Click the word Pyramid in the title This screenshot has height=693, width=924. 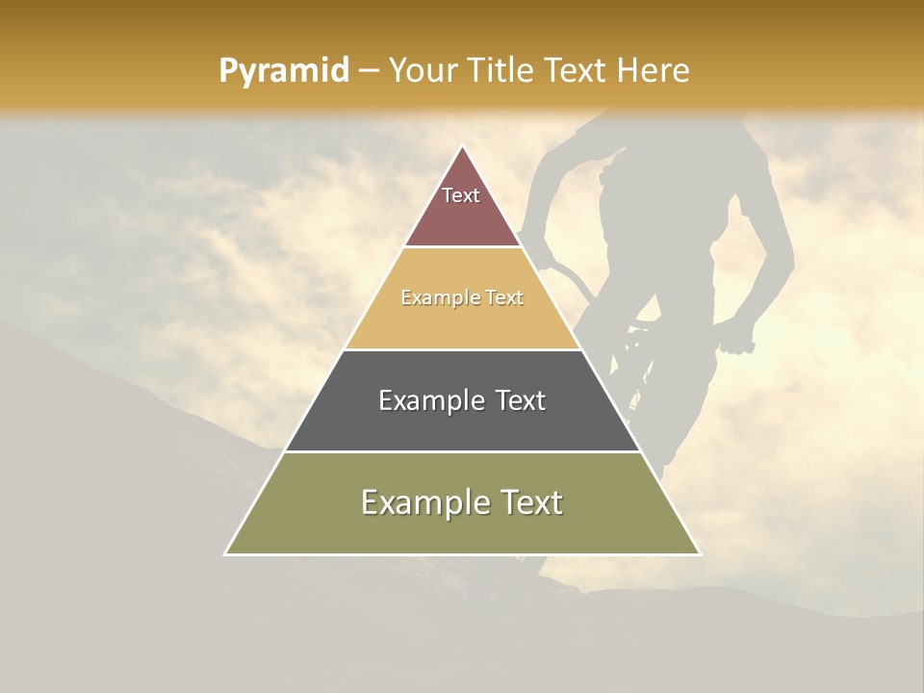pyautogui.click(x=284, y=71)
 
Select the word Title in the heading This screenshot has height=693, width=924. pyautogui.click(x=504, y=71)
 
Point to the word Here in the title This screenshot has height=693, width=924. pyautogui.click(x=653, y=71)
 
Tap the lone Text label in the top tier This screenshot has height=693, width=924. pyautogui.click(x=461, y=195)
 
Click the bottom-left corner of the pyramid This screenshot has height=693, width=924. pyautogui.click(x=226, y=553)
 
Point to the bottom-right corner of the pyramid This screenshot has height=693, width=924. pyautogui.click(x=699, y=553)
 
